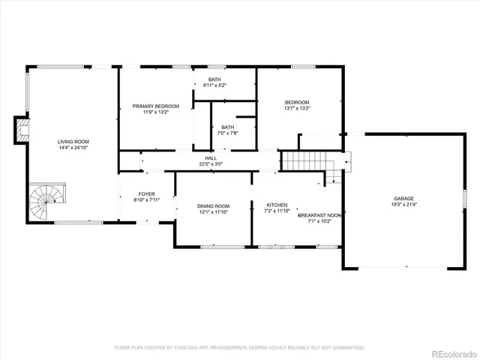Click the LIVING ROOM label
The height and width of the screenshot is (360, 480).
pyautogui.click(x=73, y=142)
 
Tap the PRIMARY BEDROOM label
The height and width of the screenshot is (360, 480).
pyautogui.click(x=156, y=106)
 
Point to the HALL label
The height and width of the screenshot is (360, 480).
pyautogui.click(x=211, y=158)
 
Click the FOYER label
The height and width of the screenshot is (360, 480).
pyautogui.click(x=146, y=194)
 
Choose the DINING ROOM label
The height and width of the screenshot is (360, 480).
pyautogui.click(x=213, y=206)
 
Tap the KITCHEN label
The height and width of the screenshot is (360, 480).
pyautogui.click(x=277, y=205)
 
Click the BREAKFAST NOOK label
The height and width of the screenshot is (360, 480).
pyautogui.click(x=324, y=215)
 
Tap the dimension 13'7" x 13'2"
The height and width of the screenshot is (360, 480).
pyautogui.click(x=297, y=109)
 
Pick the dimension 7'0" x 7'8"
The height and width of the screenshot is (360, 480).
pyautogui.click(x=227, y=133)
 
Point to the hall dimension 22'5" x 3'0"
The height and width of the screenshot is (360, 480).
pyautogui.click(x=211, y=164)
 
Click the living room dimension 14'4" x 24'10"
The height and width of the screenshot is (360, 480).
pyautogui.click(x=73, y=148)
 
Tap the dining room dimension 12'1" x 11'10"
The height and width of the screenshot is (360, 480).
pyautogui.click(x=213, y=212)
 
